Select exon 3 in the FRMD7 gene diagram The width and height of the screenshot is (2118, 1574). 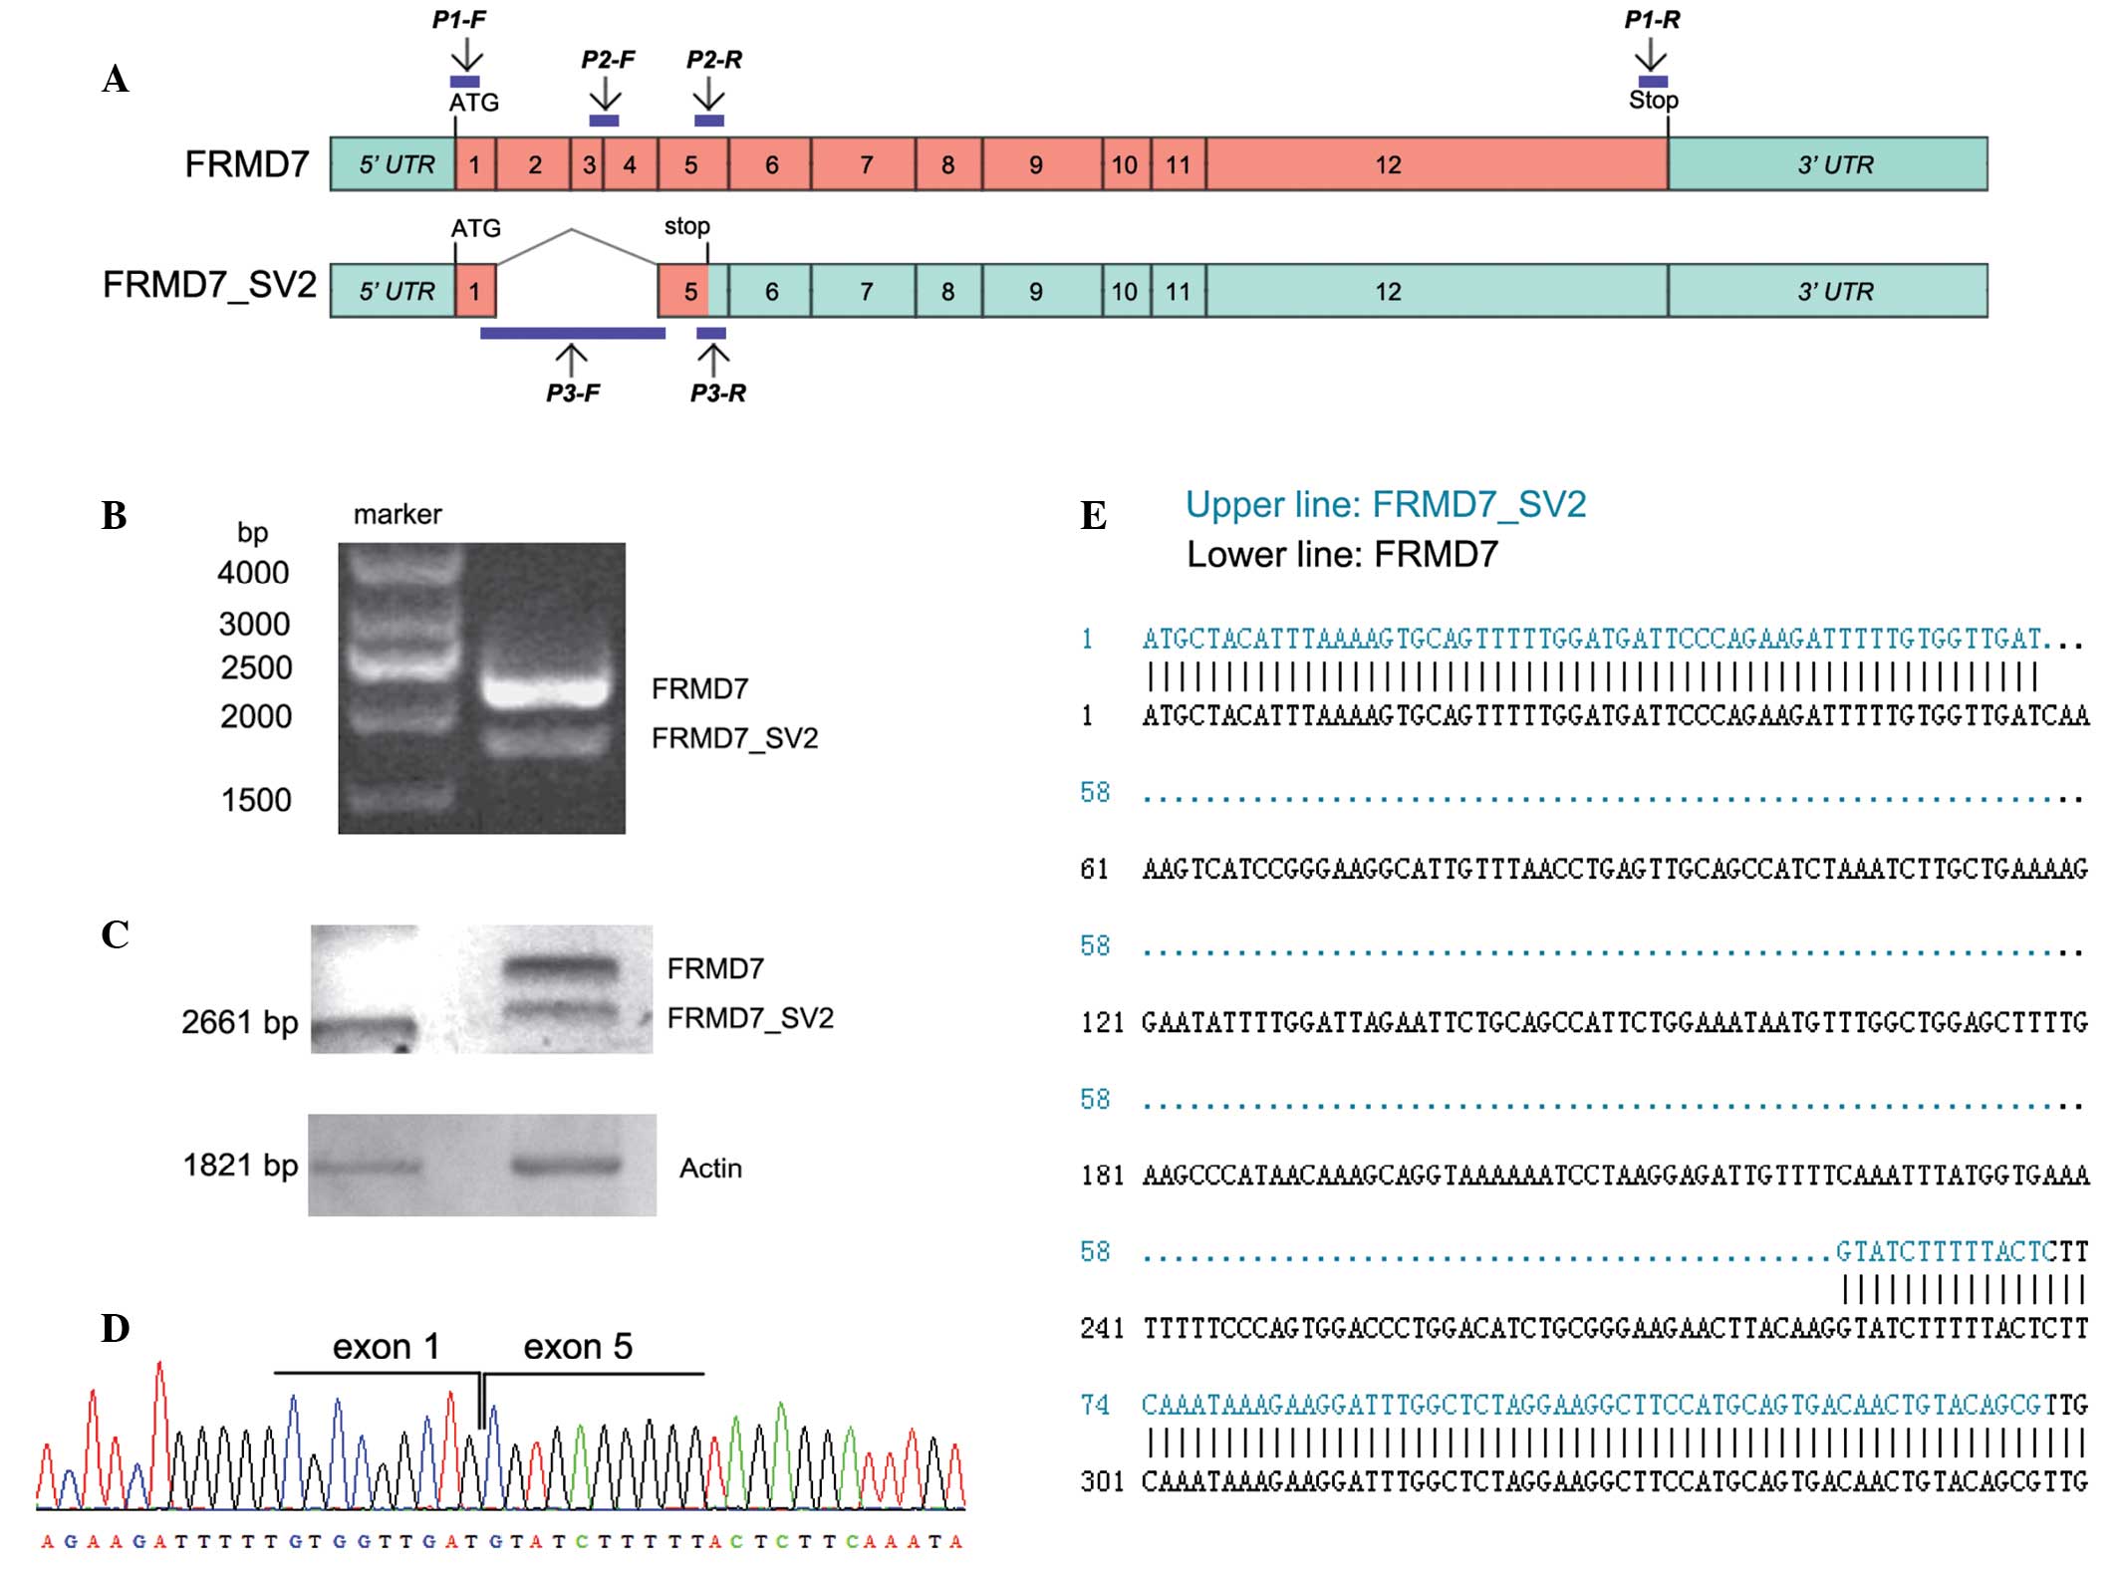point(589,164)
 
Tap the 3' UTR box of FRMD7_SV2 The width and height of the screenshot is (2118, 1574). point(1827,291)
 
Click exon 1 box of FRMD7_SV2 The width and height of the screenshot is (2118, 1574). point(475,291)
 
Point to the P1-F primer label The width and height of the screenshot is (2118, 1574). point(459,20)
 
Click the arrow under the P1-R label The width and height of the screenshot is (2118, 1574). point(1651,54)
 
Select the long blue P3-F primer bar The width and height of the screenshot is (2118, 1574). point(572,334)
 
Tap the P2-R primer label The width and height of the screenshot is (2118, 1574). point(713,60)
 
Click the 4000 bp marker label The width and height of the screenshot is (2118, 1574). point(253,573)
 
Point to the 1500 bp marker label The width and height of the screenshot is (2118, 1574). point(256,800)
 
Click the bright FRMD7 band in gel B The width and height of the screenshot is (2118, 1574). point(544,690)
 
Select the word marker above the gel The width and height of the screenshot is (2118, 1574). point(397,514)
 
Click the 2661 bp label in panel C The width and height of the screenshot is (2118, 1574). point(239,1022)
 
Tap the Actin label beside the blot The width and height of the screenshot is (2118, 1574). point(710,1168)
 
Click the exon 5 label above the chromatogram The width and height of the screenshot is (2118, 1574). point(578,1347)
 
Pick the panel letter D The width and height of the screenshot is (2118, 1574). point(116,1329)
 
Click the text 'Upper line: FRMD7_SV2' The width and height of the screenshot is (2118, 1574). point(1385,505)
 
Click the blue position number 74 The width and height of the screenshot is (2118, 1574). point(1095,1406)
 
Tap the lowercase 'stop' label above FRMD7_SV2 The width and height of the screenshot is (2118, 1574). point(686,226)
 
